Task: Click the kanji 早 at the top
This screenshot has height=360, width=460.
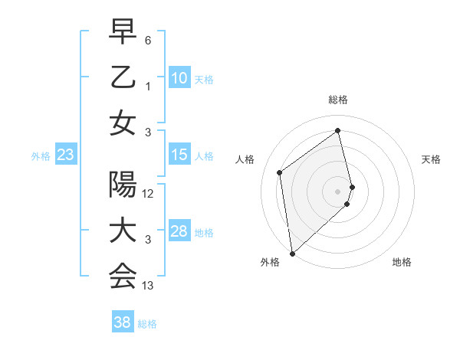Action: point(123,32)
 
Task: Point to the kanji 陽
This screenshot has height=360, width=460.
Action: point(123,185)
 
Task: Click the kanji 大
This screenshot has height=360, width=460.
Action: point(123,231)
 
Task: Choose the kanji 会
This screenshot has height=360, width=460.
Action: point(123,277)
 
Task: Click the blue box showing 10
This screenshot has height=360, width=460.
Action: point(179,77)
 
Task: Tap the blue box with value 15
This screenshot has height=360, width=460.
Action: point(179,155)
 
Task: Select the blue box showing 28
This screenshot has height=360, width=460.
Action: point(179,231)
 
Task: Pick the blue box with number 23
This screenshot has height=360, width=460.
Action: point(66,155)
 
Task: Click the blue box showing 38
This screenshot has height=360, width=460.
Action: point(123,322)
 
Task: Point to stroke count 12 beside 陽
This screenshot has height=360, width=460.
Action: point(149,194)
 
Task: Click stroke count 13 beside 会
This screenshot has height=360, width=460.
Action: point(149,286)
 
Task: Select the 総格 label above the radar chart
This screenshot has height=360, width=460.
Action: point(338,100)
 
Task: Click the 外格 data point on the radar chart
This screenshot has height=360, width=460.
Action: point(292,253)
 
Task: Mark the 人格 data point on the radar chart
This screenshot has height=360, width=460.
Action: point(280,172)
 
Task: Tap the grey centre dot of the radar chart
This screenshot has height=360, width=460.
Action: point(338,190)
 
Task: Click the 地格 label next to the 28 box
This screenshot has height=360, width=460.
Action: point(205,233)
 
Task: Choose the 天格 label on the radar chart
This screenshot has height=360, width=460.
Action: point(432,159)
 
